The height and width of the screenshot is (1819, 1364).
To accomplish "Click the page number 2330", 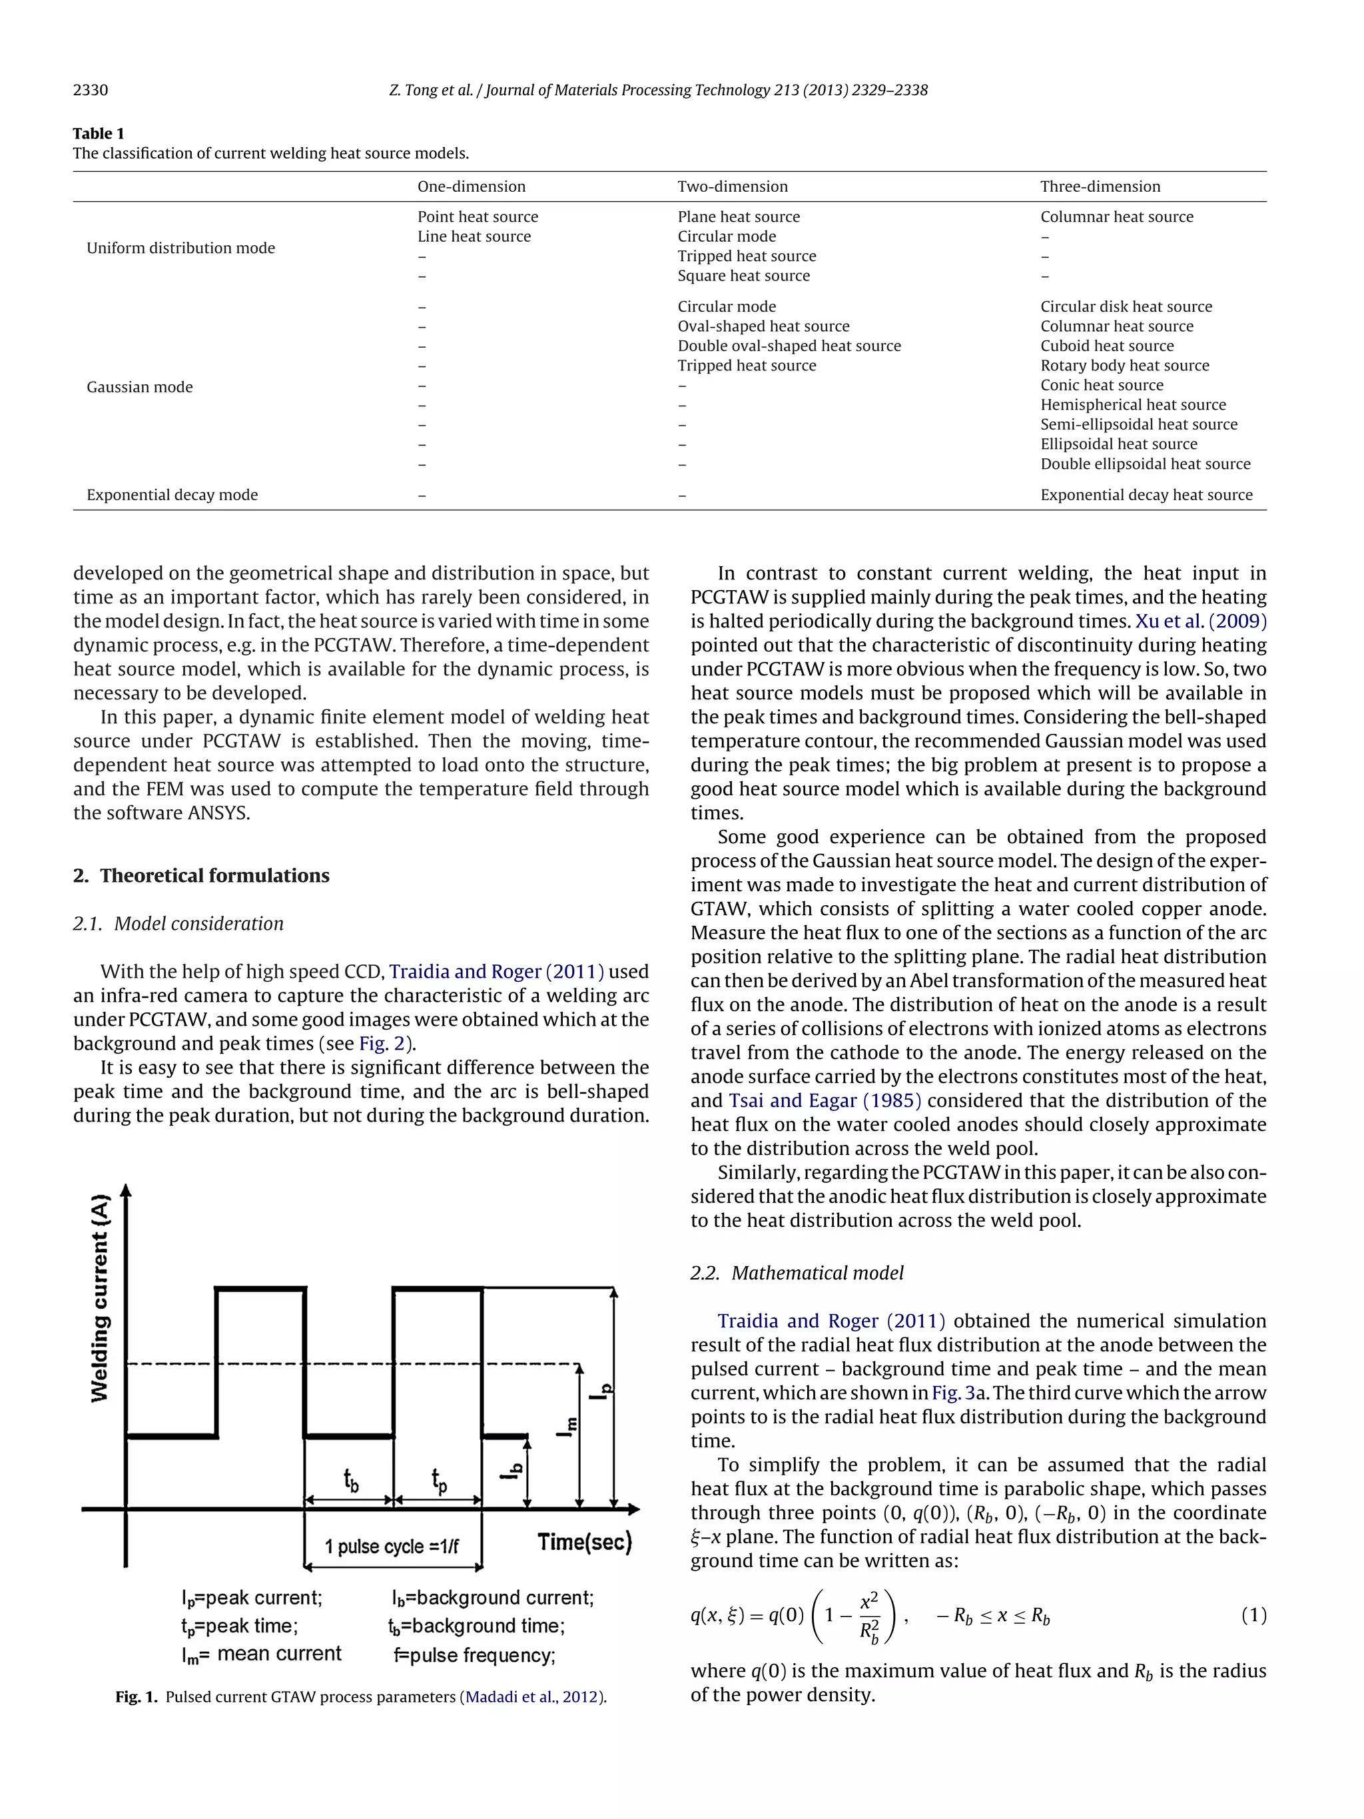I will (x=91, y=91).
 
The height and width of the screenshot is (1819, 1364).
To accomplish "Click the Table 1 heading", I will (x=99, y=133).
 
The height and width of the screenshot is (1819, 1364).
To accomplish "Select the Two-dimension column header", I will (x=732, y=186).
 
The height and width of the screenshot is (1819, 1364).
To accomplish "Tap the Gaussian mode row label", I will (x=140, y=386).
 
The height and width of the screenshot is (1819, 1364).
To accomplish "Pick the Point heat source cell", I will (x=477, y=217).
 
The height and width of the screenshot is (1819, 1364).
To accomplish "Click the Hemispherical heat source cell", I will (x=1132, y=404).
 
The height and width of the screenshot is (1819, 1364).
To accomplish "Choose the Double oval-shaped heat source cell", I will (x=789, y=346).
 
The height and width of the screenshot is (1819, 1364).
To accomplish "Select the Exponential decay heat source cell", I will (x=1146, y=495).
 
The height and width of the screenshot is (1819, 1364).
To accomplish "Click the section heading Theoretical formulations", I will (x=214, y=875).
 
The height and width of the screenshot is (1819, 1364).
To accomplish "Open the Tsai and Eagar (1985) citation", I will (x=825, y=1100).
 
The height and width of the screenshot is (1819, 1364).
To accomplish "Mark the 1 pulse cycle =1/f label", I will (x=392, y=1547).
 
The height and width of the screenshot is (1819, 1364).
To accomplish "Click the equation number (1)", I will (x=1253, y=1615).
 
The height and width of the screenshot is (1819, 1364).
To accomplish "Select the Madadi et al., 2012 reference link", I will (x=533, y=1696).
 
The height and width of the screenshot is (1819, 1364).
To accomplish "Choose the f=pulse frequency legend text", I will (x=474, y=1655).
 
